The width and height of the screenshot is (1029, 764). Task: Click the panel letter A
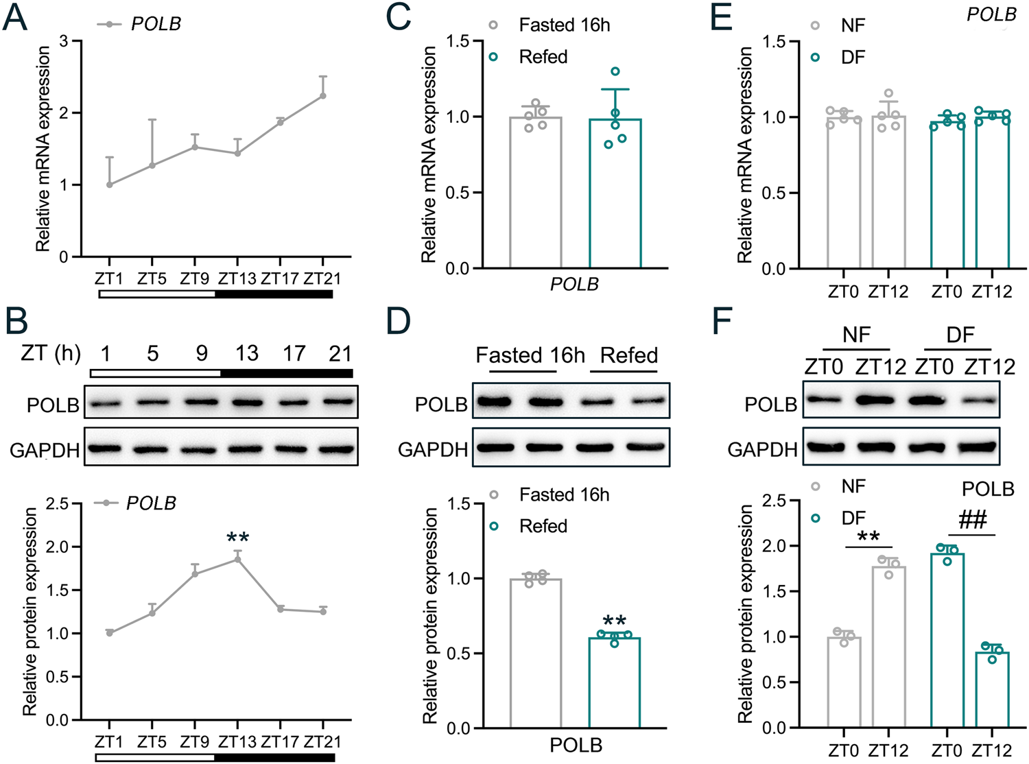pyautogui.click(x=15, y=19)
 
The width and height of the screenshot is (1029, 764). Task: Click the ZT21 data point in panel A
pyautogui.click(x=322, y=96)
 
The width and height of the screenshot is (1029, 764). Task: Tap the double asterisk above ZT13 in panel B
pyautogui.click(x=237, y=538)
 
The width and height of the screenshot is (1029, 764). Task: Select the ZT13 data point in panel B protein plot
pyautogui.click(x=237, y=559)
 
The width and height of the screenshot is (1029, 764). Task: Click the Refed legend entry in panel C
pyautogui.click(x=543, y=57)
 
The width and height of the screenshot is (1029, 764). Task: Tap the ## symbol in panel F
pyautogui.click(x=972, y=520)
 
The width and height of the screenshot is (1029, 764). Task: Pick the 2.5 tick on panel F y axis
pyautogui.click(x=774, y=501)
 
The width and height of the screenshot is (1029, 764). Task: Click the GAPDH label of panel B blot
pyautogui.click(x=45, y=451)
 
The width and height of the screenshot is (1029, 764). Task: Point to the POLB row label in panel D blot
pyautogui.click(x=441, y=405)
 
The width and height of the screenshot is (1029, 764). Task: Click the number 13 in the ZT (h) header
pyautogui.click(x=247, y=354)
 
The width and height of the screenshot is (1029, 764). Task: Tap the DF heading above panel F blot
pyautogui.click(x=960, y=335)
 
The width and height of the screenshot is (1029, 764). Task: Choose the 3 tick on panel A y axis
pyautogui.click(x=64, y=41)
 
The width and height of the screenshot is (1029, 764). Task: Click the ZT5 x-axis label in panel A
pyautogui.click(x=152, y=279)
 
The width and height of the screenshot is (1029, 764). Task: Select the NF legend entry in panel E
pyautogui.click(x=853, y=26)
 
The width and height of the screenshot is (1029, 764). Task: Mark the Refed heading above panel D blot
pyautogui.click(x=628, y=355)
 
